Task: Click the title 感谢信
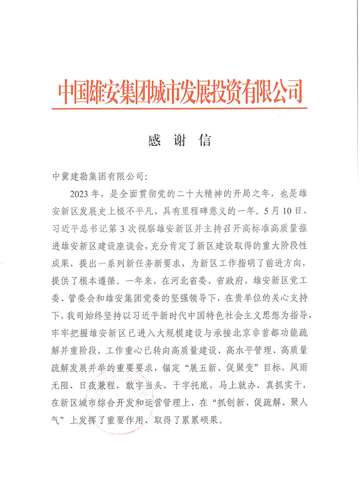[x=179, y=139]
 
